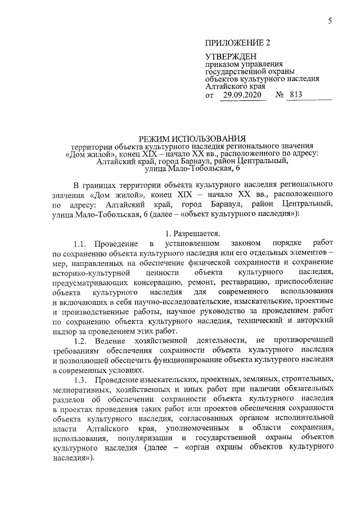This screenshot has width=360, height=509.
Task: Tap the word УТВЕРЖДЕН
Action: (231, 57)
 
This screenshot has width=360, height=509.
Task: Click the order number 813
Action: (293, 96)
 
